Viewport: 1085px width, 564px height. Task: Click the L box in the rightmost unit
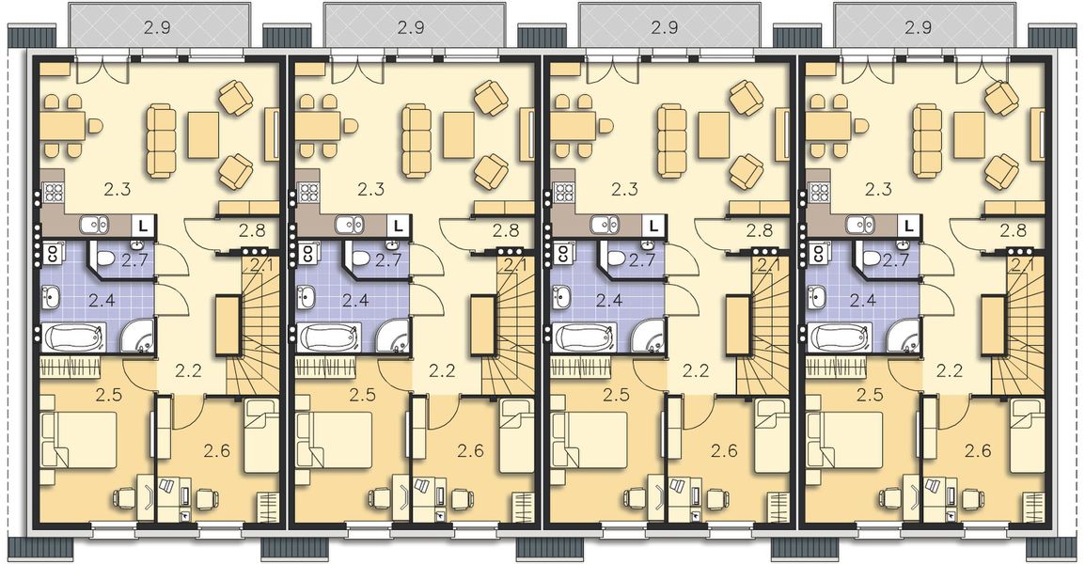[908, 227]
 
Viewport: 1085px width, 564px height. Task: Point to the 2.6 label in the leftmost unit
[216, 451]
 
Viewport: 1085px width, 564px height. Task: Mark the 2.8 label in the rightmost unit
[1014, 229]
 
